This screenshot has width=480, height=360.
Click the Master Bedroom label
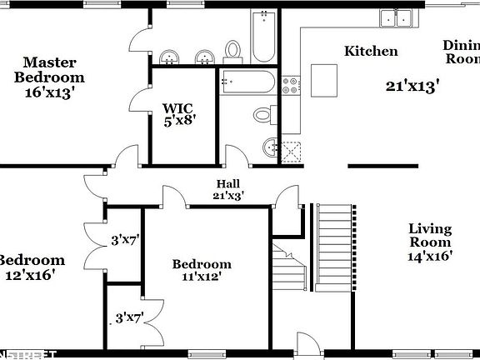coord(50,77)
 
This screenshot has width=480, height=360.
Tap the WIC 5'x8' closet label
coord(177,113)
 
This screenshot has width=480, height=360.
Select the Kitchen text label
coord(371,52)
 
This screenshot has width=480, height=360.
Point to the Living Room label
coord(430,242)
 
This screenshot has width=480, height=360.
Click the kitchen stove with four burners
coord(291,84)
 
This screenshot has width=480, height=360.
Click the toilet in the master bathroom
coord(233,51)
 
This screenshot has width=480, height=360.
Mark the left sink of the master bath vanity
coord(172,57)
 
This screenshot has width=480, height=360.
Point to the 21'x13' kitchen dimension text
coord(412,85)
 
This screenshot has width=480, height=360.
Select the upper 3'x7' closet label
coord(125,241)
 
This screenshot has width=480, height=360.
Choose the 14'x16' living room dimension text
coord(430,257)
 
